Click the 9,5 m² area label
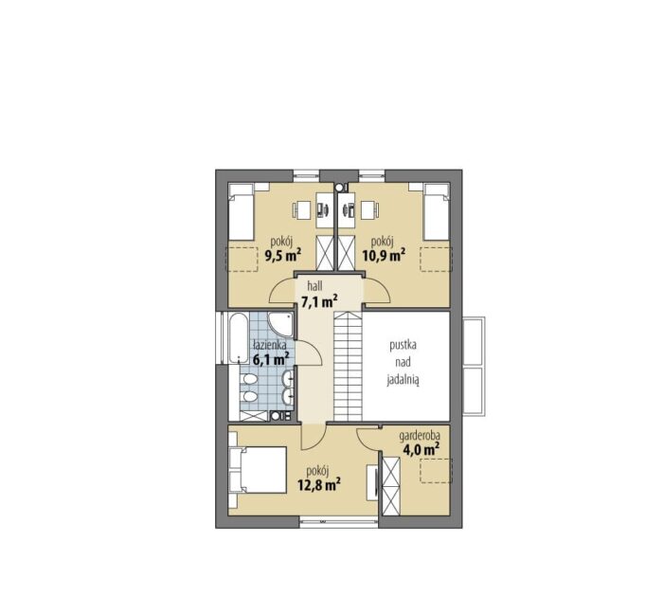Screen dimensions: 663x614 (283, 256)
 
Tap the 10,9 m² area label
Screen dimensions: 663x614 (384, 255)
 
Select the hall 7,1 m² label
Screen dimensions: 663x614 (319, 295)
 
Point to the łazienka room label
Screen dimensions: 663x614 (270, 345)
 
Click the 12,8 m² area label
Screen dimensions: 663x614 (319, 484)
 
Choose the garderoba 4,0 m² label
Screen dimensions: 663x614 (420, 443)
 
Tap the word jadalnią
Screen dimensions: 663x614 (403, 381)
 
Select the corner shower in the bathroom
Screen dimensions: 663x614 (280, 327)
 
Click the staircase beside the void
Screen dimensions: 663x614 (348, 366)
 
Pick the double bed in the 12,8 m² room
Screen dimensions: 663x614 (257, 470)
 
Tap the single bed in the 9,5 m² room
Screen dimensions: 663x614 (241, 212)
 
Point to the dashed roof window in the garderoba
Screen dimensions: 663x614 (436, 470)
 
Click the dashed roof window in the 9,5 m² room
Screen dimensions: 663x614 (242, 260)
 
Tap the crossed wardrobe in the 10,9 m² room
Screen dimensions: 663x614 (347, 253)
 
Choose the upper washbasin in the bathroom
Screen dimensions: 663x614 (289, 378)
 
